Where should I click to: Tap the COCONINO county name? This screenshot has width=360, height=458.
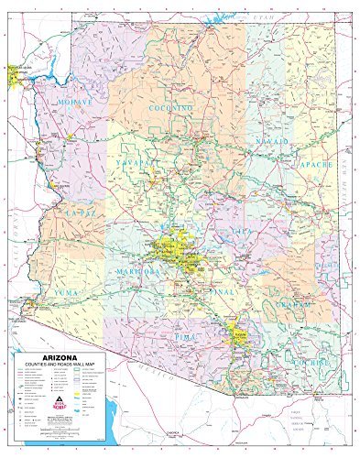[x=172, y=108]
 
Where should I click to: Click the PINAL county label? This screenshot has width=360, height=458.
[x=224, y=291]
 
